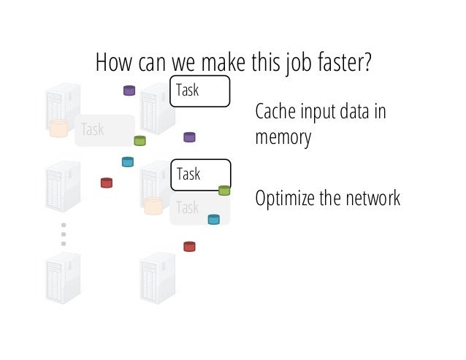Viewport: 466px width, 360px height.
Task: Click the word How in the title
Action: tap(112, 63)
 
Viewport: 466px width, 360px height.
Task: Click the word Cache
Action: tap(275, 113)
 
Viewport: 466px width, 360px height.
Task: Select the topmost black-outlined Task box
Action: tap(199, 91)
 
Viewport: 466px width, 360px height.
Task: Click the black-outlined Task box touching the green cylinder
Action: tap(199, 175)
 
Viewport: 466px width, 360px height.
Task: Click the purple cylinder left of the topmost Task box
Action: tap(129, 91)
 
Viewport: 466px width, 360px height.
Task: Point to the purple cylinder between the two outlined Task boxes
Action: tap(189, 137)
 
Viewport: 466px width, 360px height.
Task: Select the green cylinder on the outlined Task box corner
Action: tap(224, 191)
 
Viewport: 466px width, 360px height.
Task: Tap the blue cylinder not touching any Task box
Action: tap(128, 161)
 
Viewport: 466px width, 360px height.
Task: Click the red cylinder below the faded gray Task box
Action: tap(189, 246)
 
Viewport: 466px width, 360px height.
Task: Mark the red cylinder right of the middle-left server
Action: tap(107, 183)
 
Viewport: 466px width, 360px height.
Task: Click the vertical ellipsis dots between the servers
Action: tap(64, 234)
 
